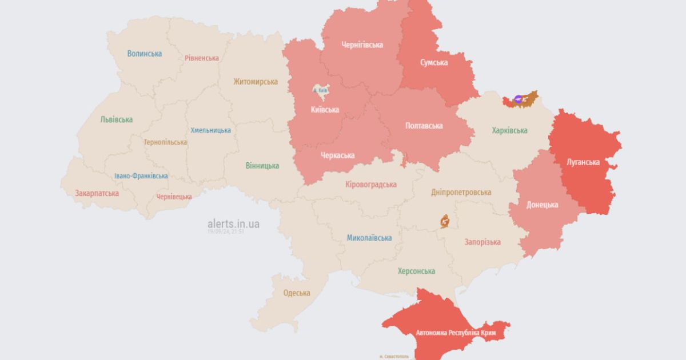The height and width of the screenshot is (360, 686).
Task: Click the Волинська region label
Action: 145,54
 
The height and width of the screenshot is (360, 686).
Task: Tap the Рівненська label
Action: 202,58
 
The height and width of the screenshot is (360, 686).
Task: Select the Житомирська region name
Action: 256,82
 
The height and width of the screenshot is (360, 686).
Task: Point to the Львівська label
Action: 117,119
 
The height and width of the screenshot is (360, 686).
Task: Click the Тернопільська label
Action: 165,142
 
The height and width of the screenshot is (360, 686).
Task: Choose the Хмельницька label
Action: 211,130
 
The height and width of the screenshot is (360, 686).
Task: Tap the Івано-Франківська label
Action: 141,176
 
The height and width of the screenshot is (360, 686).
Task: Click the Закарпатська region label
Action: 97,193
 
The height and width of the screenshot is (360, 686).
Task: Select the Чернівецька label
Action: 174,197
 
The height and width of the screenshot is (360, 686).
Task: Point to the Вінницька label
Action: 262,166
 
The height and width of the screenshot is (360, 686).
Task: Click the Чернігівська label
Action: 362,45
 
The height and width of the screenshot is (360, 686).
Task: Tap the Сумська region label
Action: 434,62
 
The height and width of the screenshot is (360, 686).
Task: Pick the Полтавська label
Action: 424,126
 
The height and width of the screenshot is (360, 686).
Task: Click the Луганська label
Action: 583,162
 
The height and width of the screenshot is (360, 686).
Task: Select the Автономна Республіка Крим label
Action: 456,333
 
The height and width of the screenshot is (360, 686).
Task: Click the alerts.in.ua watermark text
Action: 233,224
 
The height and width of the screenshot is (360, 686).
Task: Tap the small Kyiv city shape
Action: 320,90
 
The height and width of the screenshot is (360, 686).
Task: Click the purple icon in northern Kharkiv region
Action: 518,98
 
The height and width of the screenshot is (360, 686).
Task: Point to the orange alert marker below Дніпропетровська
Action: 444,221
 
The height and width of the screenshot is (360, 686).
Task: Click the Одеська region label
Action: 297,293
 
